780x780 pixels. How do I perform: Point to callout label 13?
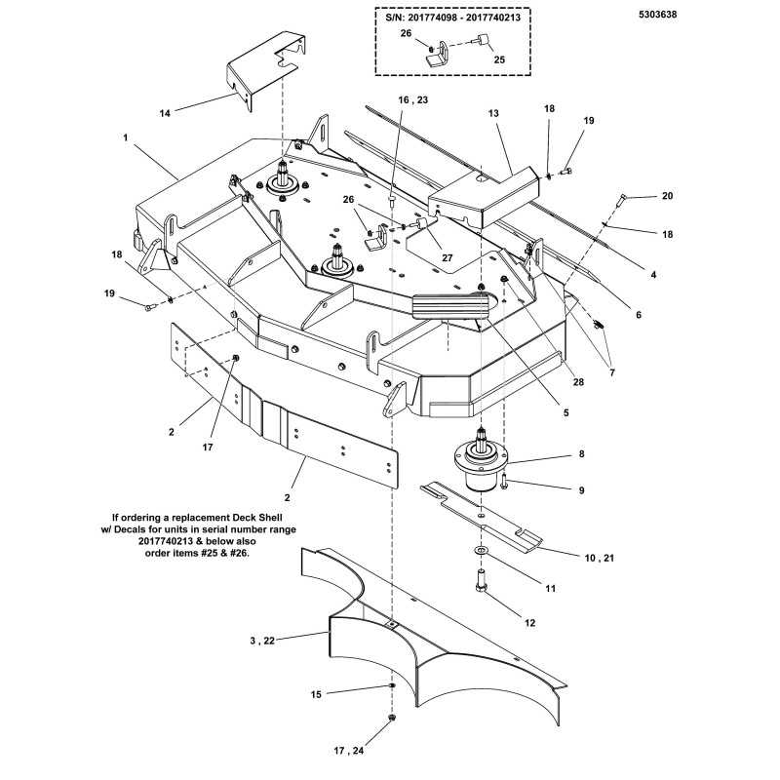coord(493,114)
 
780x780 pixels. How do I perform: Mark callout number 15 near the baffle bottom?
coord(316,695)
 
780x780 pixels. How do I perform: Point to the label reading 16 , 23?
coord(412,99)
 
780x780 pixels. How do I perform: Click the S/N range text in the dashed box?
coord(452,17)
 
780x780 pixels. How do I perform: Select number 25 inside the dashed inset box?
coord(500,59)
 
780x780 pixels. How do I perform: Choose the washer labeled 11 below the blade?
coord(482,552)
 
